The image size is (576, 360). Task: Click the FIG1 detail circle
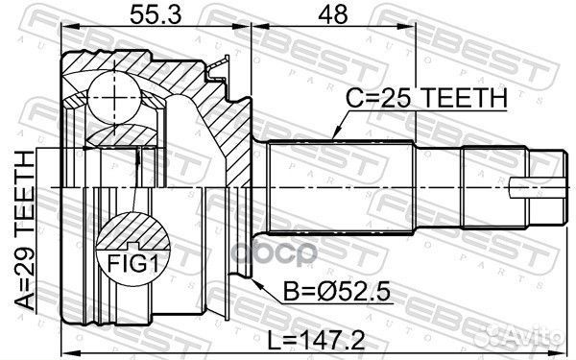tap(132, 245)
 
